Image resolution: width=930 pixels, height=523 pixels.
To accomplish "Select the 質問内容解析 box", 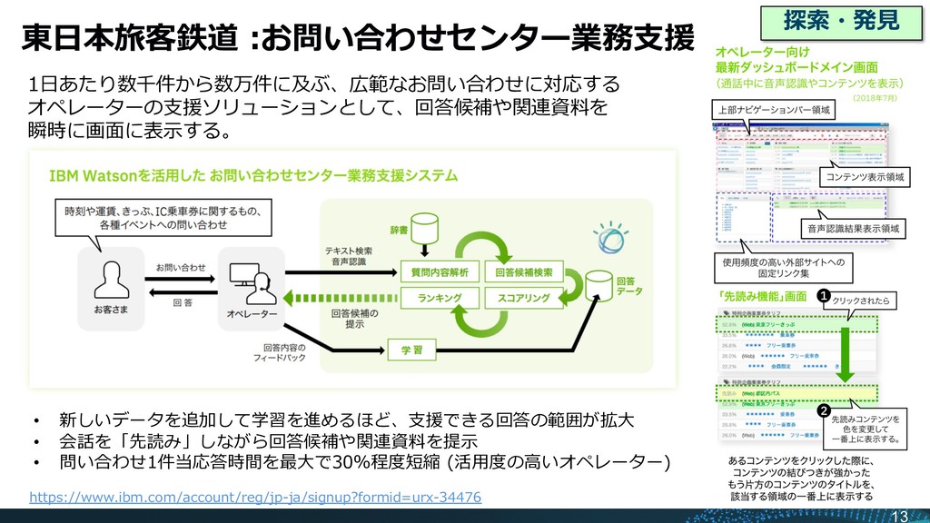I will [440, 271].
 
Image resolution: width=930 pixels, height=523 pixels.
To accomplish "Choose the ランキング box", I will [440, 297].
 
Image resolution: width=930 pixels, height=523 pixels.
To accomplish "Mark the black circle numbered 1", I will [823, 295].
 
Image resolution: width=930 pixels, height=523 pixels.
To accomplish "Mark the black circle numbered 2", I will [823, 411].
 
